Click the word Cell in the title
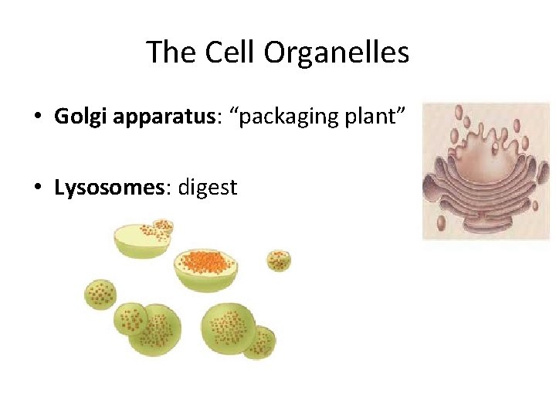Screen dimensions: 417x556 point(229,53)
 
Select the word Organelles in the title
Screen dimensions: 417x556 point(336,53)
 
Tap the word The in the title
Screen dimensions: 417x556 point(170,53)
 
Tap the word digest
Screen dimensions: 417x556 point(208,188)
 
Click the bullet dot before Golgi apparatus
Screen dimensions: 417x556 point(37,117)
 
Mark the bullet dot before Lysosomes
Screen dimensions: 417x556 point(37,188)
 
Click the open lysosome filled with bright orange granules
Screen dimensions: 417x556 point(205,266)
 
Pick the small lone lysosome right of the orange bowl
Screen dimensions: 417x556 point(279,260)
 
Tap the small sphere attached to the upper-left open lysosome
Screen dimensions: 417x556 point(163,227)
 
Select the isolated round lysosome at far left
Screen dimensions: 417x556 point(100,294)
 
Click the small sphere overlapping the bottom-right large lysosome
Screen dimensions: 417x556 point(260,342)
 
